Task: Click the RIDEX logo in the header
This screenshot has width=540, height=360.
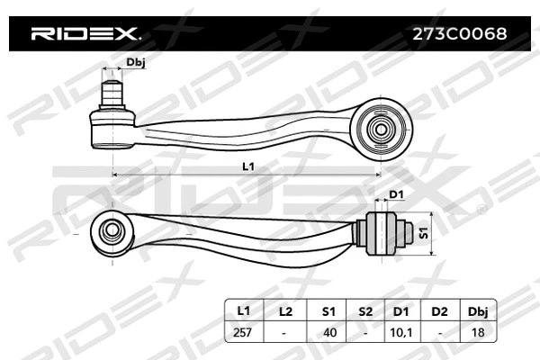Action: pos(85,34)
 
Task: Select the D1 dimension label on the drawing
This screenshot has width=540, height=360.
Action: pos(395,195)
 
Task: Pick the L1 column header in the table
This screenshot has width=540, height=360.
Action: pos(243,310)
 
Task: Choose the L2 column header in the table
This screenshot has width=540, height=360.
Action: pos(285,310)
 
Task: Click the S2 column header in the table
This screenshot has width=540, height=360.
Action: pos(365,310)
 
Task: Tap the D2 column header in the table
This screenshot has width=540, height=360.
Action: pos(439,310)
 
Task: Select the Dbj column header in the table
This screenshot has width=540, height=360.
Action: pos(479,310)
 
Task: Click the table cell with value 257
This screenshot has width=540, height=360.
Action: pos(243,332)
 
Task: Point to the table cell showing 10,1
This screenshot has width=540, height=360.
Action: pos(402,332)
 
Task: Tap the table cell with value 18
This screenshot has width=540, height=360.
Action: pos(479,332)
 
